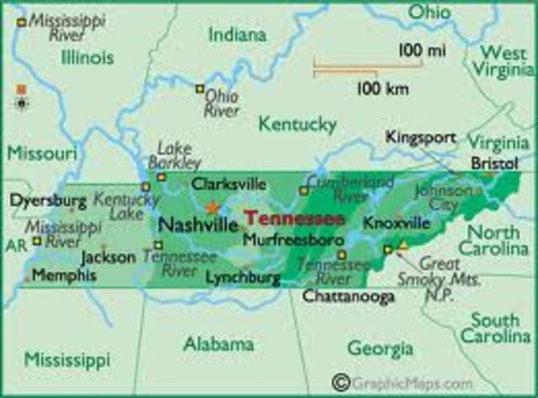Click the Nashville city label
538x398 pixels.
pyautogui.click(x=197, y=225)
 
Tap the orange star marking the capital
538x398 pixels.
pyautogui.click(x=213, y=207)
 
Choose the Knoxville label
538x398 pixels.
pyautogui.click(x=397, y=223)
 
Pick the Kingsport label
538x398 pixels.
pyautogui.click(x=421, y=136)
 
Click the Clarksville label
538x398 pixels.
pyautogui.click(x=229, y=183)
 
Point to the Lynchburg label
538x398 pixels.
pyautogui.click(x=241, y=276)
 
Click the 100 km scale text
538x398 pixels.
pyautogui.click(x=381, y=87)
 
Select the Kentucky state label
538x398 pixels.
pyautogui.click(x=296, y=125)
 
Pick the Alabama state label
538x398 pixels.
pyautogui.click(x=219, y=344)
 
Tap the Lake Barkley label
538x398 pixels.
pyautogui.click(x=175, y=156)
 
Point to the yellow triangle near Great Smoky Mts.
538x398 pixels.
pyautogui.click(x=402, y=245)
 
